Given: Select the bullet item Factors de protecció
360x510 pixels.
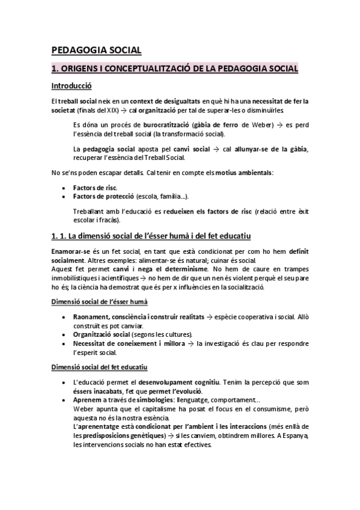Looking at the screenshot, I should coord(103,197).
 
